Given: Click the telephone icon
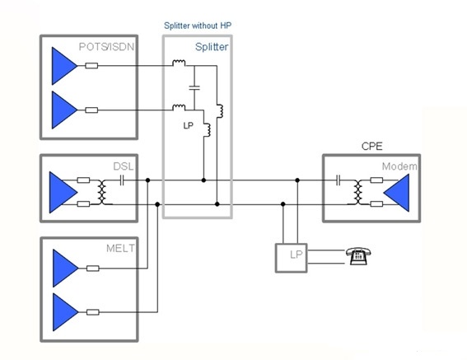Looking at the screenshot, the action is coord(358,256).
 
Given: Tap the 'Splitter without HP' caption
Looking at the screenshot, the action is coord(198,26).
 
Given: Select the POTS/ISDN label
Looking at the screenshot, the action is coord(106,47).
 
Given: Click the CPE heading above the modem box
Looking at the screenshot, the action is coord(371,147).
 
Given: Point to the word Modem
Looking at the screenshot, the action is coord(399,166).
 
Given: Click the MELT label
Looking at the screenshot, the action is coord(120,248).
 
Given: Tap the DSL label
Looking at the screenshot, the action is coord(124,166).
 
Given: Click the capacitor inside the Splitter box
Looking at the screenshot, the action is coord(194,87).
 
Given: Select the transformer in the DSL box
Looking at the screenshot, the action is coord(102,192).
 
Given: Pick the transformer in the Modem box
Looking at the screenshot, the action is coord(358,192).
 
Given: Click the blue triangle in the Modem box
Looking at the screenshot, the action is coord(396,193).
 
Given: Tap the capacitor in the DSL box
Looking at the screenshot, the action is coord(122,180).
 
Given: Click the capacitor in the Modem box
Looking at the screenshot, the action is coord(338,180).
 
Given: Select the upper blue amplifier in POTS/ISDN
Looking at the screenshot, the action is coord(64,66).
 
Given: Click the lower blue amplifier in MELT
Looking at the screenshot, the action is coord(66,312).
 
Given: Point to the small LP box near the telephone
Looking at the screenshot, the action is coord(291,258).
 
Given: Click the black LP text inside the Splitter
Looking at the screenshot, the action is coord(189,126).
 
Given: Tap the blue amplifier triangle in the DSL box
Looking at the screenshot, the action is coord(63,192).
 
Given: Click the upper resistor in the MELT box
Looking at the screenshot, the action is coord(92,269).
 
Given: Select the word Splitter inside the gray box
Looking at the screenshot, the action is coord(212,47).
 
